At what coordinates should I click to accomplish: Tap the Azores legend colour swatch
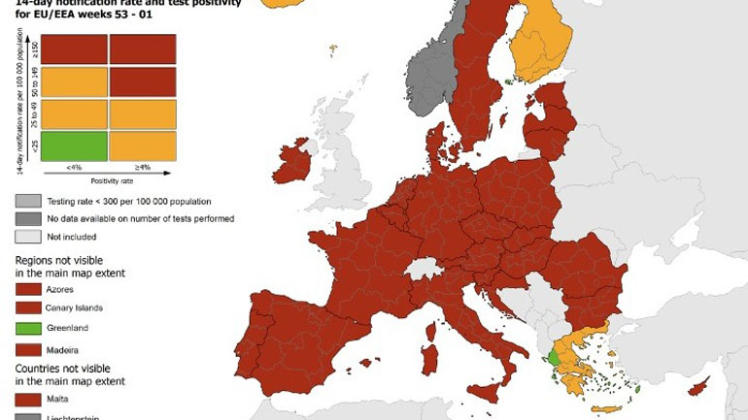31,288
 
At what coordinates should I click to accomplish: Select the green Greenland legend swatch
31,328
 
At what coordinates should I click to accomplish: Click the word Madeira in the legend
63,349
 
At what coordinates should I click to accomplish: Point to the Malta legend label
59,399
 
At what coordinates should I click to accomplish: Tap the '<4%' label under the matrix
74,167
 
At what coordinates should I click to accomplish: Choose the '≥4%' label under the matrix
143,167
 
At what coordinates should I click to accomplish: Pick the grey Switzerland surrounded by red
425,269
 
